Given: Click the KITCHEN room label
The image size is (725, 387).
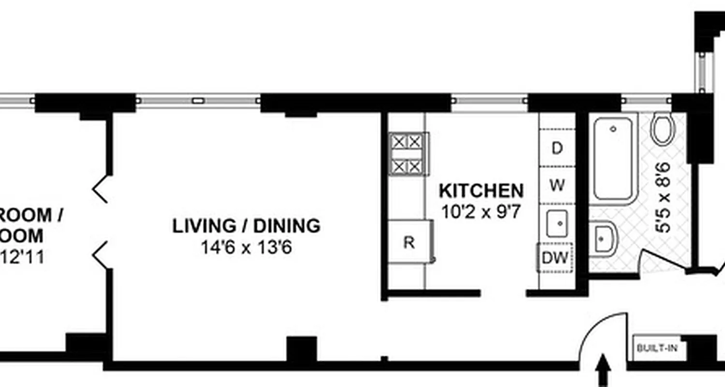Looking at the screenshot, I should click(481, 191).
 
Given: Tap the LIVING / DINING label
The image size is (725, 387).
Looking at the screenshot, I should click(246, 226).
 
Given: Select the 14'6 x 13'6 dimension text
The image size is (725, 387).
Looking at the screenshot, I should click(246, 248).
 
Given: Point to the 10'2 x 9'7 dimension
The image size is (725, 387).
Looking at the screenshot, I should click(481, 211).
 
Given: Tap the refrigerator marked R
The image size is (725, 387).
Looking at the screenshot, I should click(410, 242).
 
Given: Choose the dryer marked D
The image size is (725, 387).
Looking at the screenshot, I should click(557, 148).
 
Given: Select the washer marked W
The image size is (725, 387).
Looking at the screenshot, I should click(557, 185).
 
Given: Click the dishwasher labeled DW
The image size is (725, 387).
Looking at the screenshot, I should click(555, 258).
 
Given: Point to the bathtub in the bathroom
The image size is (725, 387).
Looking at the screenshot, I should click(613, 158).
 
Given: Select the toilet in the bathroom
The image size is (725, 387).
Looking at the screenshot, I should click(662, 129).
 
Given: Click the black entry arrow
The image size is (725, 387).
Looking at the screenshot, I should click(603, 370).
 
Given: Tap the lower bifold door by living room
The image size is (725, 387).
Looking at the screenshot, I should click(101, 255).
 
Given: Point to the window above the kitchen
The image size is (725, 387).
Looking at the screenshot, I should click(489, 101).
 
